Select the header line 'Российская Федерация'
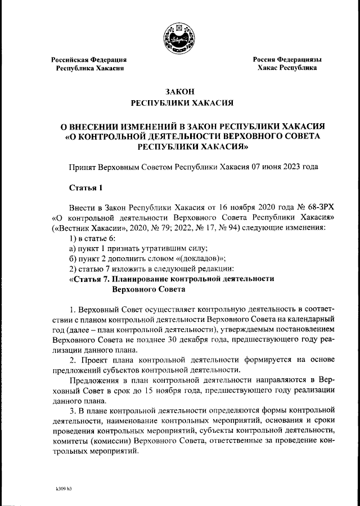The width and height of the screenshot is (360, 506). coord(89,59)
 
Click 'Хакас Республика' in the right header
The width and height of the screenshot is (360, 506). coord(287,68)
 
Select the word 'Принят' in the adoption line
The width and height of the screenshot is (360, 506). coord(82,167)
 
